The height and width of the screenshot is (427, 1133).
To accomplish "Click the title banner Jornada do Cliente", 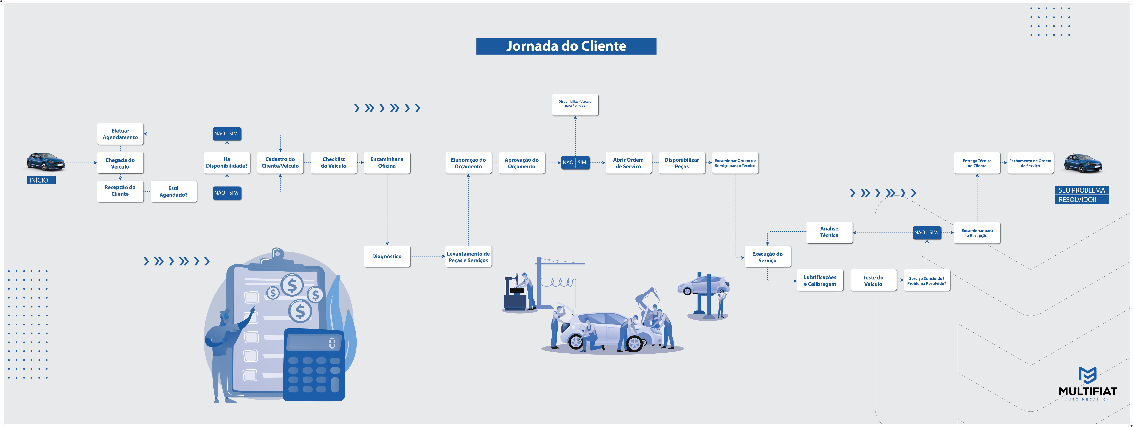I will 566,46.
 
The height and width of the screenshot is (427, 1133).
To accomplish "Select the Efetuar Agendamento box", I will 120,134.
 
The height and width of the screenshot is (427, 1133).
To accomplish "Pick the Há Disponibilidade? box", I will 226,162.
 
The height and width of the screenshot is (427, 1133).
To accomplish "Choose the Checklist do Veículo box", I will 333,162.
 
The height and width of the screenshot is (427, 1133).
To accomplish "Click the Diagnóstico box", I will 387,256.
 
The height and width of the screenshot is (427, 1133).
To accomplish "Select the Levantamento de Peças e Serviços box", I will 468,257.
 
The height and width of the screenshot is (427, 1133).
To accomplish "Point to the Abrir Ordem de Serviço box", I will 628,163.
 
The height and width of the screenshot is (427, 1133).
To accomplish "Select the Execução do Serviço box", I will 767,257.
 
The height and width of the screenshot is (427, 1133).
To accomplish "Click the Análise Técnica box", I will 829,232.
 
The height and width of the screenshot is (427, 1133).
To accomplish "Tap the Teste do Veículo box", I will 873,280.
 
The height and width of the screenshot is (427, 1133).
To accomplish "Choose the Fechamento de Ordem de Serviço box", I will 1030,163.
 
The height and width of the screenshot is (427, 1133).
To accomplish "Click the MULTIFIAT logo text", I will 1087,391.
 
